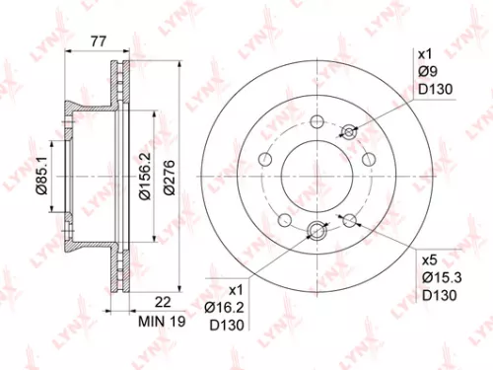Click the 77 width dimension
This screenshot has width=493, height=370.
tap(98, 40)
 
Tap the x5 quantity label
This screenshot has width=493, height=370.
tap(430, 260)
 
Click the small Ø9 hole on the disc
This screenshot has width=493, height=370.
tap(346, 131)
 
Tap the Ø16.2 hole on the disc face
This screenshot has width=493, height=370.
tap(317, 232)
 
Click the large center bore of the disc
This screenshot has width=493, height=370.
tap(317, 177)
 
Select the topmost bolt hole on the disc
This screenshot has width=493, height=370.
tap(317, 121)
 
